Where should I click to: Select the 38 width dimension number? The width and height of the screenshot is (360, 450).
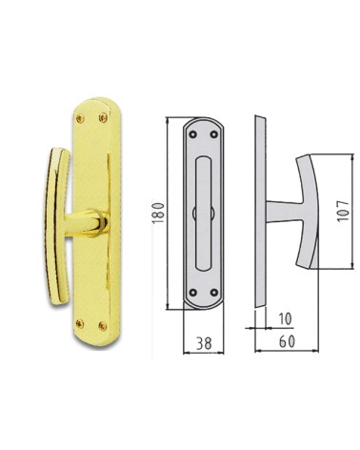click(202, 341)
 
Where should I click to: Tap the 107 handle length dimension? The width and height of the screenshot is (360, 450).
click(346, 211)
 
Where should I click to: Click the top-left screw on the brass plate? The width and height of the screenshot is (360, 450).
click(78, 119)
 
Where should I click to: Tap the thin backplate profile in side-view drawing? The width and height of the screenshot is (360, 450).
click(258, 215)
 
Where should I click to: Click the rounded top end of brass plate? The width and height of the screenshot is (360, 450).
click(90, 103)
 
